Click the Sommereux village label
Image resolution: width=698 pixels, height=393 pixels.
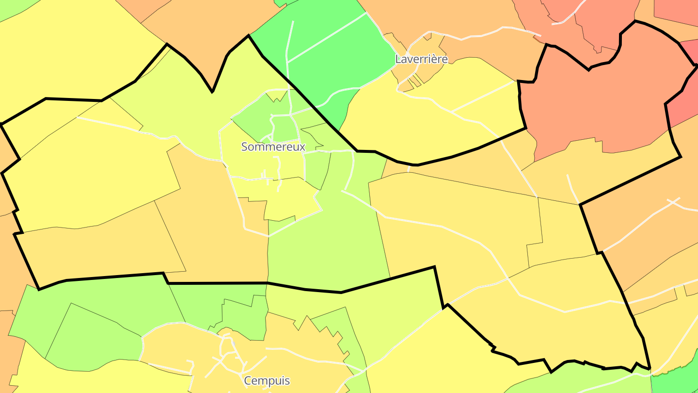pyautogui.click(x=273, y=147)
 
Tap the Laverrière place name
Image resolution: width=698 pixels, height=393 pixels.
pyautogui.click(x=421, y=59)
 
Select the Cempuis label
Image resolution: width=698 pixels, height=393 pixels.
pyautogui.click(x=268, y=381)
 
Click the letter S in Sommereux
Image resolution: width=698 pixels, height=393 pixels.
pyautogui.click(x=245, y=147)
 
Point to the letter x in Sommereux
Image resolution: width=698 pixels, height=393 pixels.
pyautogui.click(x=302, y=147)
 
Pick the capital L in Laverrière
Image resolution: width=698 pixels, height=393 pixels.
pyautogui.click(x=398, y=59)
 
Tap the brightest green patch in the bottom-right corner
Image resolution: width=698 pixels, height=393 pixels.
pyautogui.click(x=679, y=378)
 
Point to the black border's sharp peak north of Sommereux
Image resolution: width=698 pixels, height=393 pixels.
pyautogui.click(x=249, y=35)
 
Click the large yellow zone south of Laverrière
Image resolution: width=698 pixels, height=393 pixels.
pyautogui.click(x=427, y=121)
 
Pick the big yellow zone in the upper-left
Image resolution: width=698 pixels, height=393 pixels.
pyautogui.click(x=73, y=49)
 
